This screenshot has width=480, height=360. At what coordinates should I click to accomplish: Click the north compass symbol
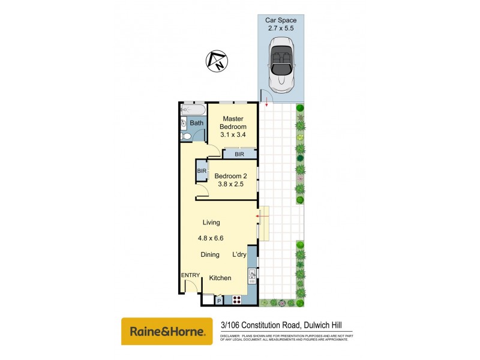(x=216, y=61)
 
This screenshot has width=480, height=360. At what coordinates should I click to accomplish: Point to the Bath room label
(x=196, y=124)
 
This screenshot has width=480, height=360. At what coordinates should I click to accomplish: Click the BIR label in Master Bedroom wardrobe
(x=239, y=154)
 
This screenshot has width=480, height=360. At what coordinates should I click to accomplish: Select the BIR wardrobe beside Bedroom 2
(x=202, y=172)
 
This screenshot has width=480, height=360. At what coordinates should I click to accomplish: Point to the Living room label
(x=211, y=223)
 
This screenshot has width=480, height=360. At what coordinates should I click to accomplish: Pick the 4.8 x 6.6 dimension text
(x=211, y=238)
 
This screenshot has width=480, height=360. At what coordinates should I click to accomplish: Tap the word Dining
(x=210, y=255)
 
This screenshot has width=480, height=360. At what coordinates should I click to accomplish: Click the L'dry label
(x=239, y=255)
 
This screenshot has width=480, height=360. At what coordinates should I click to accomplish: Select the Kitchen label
(x=220, y=278)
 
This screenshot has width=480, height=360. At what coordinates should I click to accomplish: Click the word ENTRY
(x=191, y=275)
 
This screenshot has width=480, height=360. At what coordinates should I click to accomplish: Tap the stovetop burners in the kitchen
(x=236, y=299)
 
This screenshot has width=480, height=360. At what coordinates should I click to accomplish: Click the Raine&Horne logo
(x=167, y=331)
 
